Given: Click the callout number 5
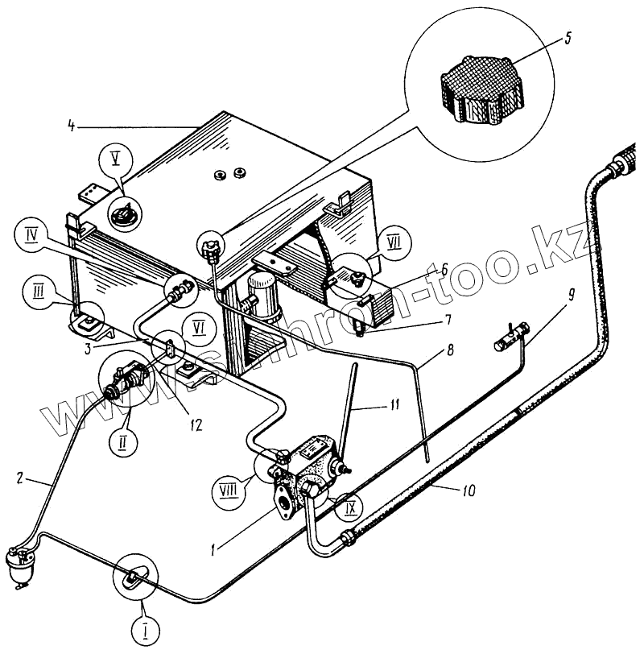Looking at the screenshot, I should [x=569, y=38].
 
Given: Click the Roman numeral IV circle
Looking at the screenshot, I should [x=33, y=235].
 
